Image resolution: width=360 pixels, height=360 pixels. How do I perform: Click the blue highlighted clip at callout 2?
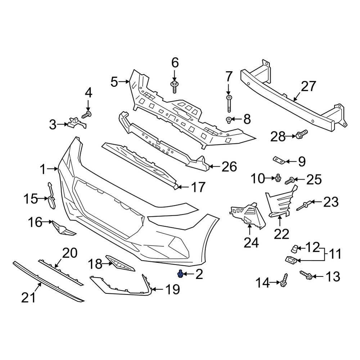[x=180, y=275]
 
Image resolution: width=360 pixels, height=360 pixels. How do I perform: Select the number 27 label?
[x=308, y=86]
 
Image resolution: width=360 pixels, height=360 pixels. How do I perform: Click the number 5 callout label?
[x=114, y=82]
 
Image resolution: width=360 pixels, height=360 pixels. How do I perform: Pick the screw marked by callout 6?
[x=174, y=86]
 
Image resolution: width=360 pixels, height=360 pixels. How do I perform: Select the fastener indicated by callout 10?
[x=278, y=178]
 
